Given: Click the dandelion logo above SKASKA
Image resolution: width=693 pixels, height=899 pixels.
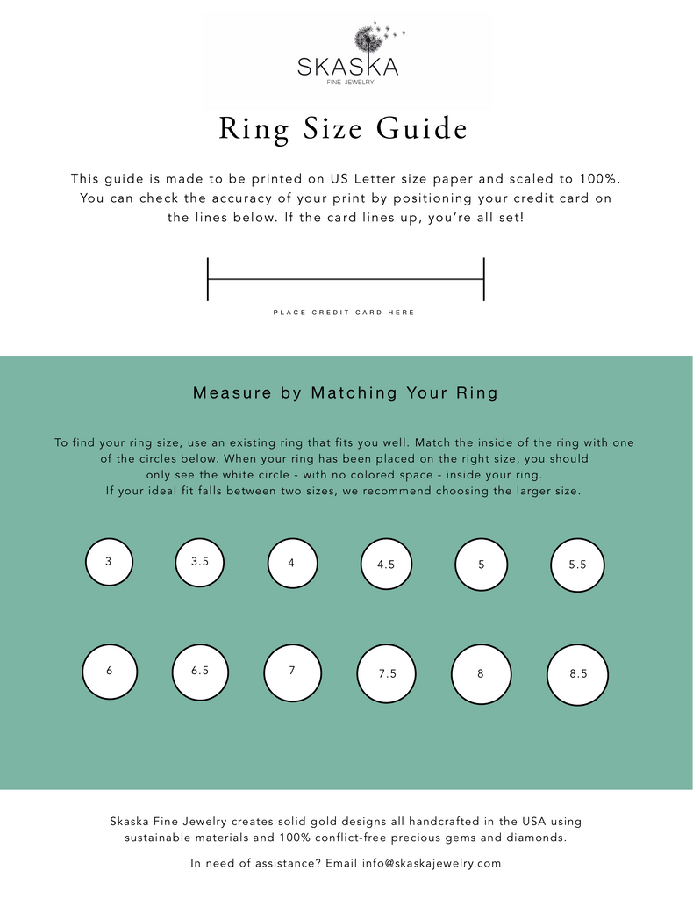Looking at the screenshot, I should pyautogui.click(x=368, y=39).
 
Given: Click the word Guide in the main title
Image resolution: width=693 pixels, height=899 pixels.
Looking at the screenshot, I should pyautogui.click(x=421, y=129).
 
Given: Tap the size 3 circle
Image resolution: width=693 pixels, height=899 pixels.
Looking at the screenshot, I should pyautogui.click(x=109, y=561).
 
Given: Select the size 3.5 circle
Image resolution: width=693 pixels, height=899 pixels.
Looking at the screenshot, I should pyautogui.click(x=200, y=561).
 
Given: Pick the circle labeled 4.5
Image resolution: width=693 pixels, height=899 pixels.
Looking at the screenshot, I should pyautogui.click(x=386, y=565).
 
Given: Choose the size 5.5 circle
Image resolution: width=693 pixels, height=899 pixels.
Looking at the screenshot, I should pyautogui.click(x=577, y=565).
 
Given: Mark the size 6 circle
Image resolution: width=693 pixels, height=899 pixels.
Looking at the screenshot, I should pyautogui.click(x=109, y=671).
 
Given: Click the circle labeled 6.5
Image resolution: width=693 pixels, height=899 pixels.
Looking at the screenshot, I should pyautogui.click(x=200, y=671).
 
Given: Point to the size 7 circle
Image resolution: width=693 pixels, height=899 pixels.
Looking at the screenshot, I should pyautogui.click(x=292, y=672).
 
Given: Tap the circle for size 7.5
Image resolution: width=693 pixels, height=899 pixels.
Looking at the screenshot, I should pyautogui.click(x=387, y=674).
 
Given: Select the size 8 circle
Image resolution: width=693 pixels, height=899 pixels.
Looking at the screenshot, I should pyautogui.click(x=481, y=674).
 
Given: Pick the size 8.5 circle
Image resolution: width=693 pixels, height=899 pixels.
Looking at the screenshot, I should pyautogui.click(x=577, y=674).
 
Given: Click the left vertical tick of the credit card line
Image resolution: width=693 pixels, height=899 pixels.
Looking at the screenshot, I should pyautogui.click(x=208, y=279).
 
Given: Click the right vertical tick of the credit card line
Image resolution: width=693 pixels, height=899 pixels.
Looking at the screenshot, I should pyautogui.click(x=484, y=279).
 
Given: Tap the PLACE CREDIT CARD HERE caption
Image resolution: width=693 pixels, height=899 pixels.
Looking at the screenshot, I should pyautogui.click(x=344, y=313).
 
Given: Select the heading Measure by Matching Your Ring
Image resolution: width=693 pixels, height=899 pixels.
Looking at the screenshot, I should pyautogui.click(x=346, y=393).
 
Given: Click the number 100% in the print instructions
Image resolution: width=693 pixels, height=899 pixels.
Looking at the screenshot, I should pyautogui.click(x=600, y=179).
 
